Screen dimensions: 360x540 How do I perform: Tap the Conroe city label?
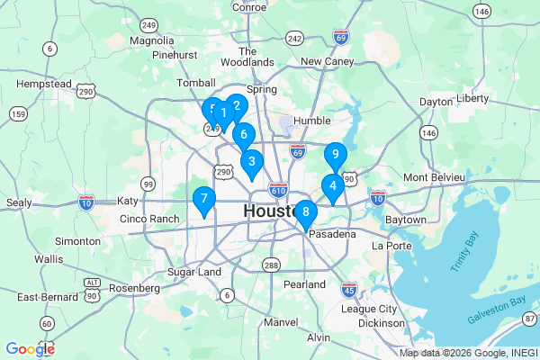coord(248,7)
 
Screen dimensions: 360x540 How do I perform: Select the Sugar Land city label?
coord(194,272)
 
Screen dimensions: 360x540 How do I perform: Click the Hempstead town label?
coord(43,84)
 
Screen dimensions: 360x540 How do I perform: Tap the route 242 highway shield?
coord(294,38)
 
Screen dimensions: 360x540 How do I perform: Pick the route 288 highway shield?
coord(271,265)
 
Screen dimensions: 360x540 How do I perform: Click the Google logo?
coord(30,349)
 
